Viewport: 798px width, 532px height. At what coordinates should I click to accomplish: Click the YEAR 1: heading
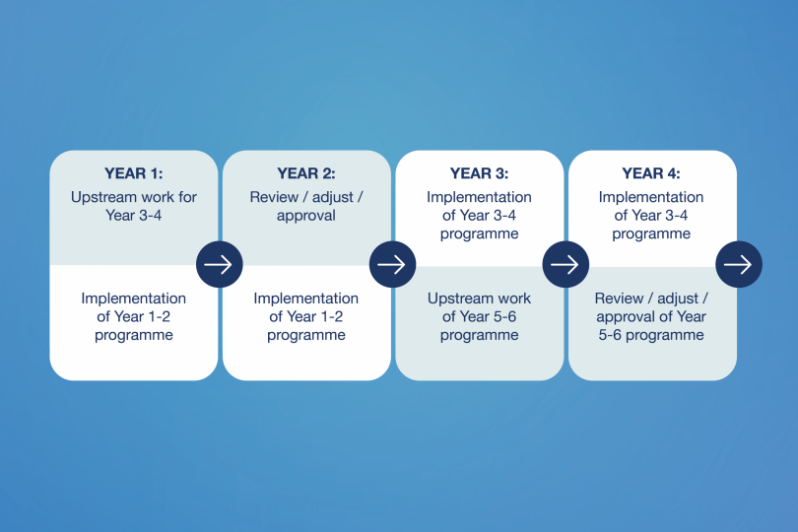point(133,173)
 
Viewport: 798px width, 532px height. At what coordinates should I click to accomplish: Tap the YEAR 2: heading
point(305,173)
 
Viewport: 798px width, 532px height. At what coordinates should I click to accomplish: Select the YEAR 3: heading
point(479,173)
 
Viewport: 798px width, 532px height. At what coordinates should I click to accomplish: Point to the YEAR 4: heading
point(651,173)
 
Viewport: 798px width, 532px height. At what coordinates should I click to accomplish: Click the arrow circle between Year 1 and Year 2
point(220,264)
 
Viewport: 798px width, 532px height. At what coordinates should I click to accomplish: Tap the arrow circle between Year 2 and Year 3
point(392,264)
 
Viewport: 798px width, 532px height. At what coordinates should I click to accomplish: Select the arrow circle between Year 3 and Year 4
point(565,264)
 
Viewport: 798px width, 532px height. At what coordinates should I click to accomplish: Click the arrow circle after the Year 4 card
point(739,264)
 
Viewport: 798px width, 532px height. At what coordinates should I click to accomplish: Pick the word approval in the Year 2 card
point(305,216)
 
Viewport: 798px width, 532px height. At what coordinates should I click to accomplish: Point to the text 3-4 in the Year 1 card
point(150,216)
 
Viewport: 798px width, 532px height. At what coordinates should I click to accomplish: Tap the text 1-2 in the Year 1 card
point(160,316)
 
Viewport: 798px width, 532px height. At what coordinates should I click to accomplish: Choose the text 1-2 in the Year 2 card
point(332,316)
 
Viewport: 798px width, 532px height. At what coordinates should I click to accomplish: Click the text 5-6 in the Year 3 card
point(504,316)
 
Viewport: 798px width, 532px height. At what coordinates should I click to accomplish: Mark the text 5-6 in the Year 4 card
point(610,335)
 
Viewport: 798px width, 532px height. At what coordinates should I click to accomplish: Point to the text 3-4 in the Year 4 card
point(677,216)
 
